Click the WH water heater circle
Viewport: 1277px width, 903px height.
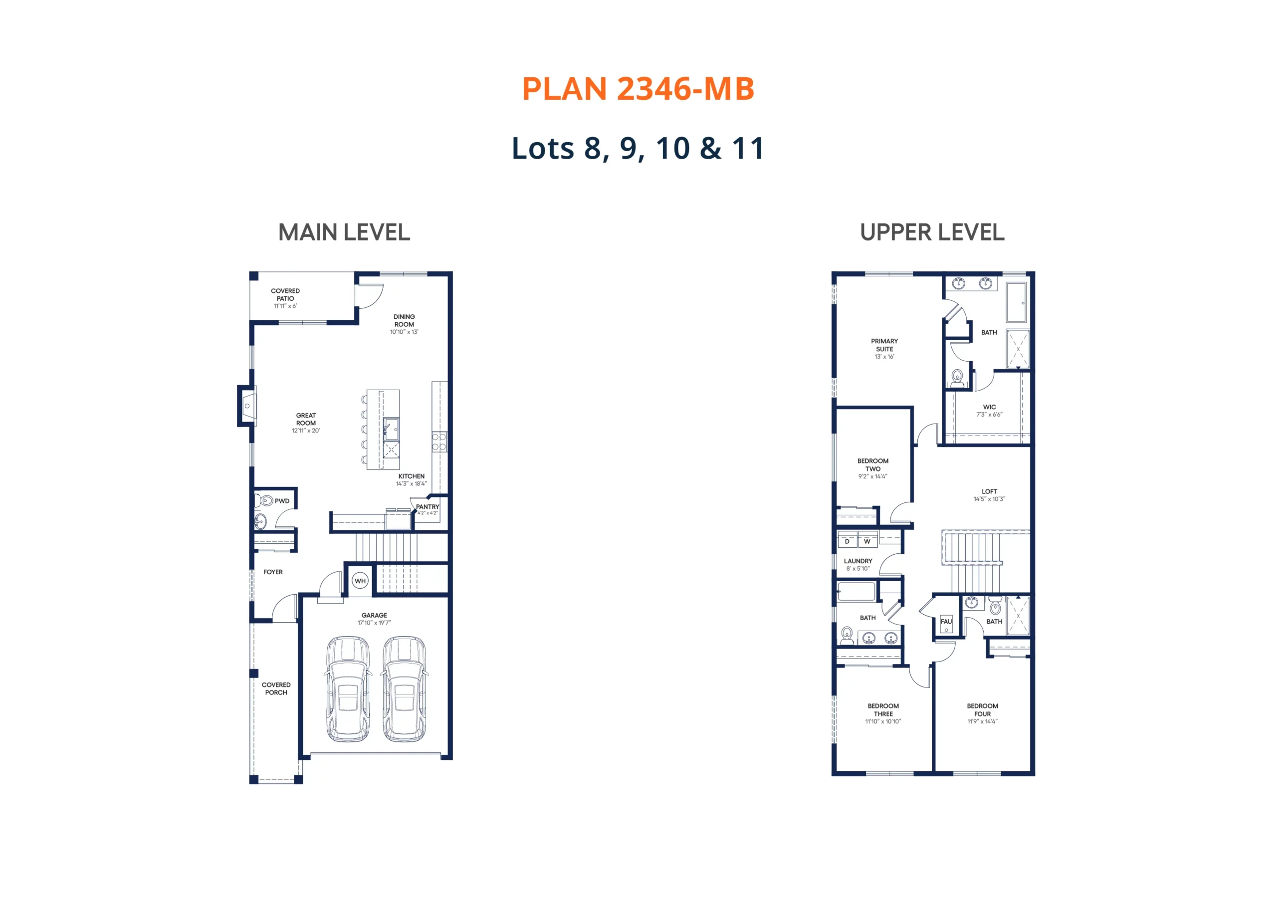(x=361, y=581)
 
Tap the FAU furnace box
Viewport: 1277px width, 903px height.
(x=946, y=624)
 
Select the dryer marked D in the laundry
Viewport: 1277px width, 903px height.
(x=847, y=540)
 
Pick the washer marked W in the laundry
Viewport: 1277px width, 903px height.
(x=867, y=540)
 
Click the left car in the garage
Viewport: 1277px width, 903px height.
(x=348, y=689)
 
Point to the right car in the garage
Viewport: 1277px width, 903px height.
(x=405, y=689)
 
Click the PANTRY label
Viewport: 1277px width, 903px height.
(x=427, y=506)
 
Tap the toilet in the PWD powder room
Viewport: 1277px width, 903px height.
(x=265, y=501)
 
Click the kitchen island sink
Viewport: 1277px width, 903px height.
(x=391, y=429)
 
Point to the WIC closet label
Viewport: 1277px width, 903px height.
(x=990, y=407)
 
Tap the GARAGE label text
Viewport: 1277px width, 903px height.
(x=374, y=615)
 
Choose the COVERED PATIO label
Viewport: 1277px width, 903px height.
(x=285, y=294)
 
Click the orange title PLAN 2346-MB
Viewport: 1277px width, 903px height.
(x=638, y=89)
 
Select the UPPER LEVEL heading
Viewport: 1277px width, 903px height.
(x=932, y=232)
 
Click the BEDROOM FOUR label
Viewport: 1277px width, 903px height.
(x=982, y=710)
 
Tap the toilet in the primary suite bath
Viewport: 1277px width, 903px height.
(x=957, y=378)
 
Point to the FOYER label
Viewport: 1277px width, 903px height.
(x=273, y=572)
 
